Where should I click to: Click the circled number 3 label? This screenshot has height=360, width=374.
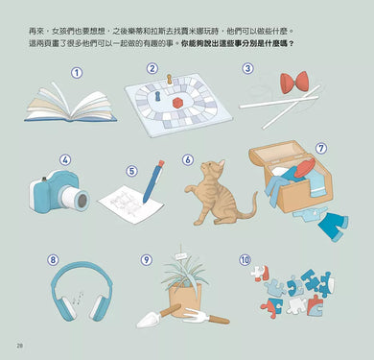[x=246, y=68]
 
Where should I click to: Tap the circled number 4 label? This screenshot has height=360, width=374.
[x=65, y=160]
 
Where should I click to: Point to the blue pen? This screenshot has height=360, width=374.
[x=153, y=181]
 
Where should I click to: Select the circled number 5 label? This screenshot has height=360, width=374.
[x=131, y=171]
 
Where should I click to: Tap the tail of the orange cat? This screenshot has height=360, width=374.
[x=248, y=208]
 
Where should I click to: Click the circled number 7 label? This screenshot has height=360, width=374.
[x=321, y=149]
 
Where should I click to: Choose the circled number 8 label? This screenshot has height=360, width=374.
[x=53, y=259]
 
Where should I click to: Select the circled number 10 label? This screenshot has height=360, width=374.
[x=245, y=259]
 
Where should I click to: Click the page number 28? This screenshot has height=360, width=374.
[x=19, y=346]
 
